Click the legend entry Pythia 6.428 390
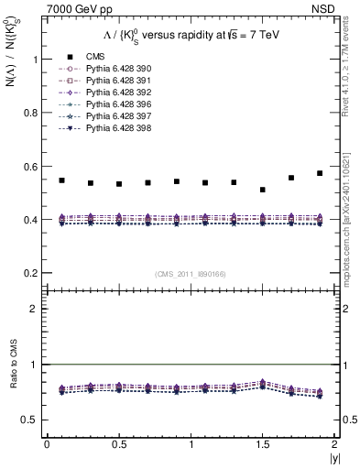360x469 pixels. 115,69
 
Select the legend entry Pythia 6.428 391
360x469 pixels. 115,81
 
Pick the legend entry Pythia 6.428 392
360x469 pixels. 115,93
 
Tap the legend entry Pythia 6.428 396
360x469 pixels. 115,104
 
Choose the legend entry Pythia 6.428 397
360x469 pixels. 115,116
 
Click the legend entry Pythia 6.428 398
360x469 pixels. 115,128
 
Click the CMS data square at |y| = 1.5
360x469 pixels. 263,190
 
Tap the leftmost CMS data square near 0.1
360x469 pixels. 61,180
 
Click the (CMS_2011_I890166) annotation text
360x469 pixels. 190,274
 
